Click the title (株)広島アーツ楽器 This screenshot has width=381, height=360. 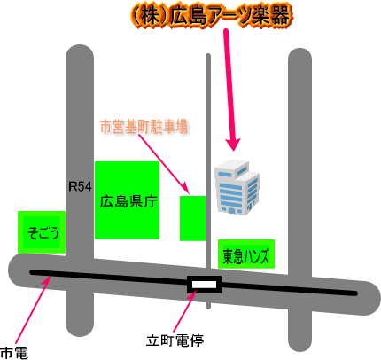(x=212, y=16)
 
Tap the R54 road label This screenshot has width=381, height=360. (x=80, y=186)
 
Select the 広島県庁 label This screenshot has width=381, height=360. (x=128, y=201)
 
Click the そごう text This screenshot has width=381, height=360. (x=43, y=233)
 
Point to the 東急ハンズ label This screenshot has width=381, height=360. (x=246, y=255)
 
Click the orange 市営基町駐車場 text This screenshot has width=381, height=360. (x=144, y=127)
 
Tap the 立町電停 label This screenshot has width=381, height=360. (x=175, y=340)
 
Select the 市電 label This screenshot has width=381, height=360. (x=14, y=353)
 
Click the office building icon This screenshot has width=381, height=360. (x=237, y=187)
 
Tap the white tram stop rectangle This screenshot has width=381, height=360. (x=204, y=285)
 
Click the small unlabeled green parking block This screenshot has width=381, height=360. (x=192, y=218)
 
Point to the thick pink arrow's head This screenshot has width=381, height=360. (x=234, y=145)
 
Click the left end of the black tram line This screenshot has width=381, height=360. (x=31, y=272)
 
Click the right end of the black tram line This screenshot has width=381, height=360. (x=356, y=293)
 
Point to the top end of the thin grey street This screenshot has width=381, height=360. (x=208, y=55)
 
